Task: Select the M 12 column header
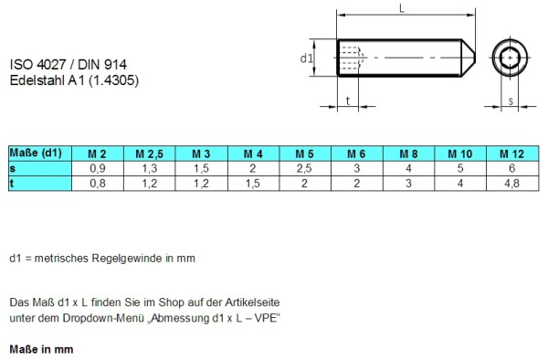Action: pos(512,154)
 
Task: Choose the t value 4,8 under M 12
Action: pos(512,184)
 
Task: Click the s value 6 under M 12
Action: pos(512,169)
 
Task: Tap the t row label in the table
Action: pos(12,184)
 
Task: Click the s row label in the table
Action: pos(12,169)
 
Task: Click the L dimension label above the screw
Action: pos(403,8)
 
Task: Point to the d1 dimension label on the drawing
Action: pos(307,58)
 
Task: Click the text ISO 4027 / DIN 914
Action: pos(68,65)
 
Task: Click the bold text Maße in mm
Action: pos(40,349)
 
